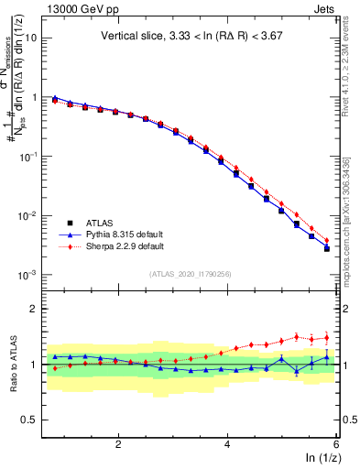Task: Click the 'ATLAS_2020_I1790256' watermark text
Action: pos(190,274)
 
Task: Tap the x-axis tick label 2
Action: pos(118,444)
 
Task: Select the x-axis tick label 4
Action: pos(227,444)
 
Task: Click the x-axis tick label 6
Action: pos(335,444)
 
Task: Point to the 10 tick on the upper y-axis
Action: pos(31,38)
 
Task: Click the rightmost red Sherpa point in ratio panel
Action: pos(326,337)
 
